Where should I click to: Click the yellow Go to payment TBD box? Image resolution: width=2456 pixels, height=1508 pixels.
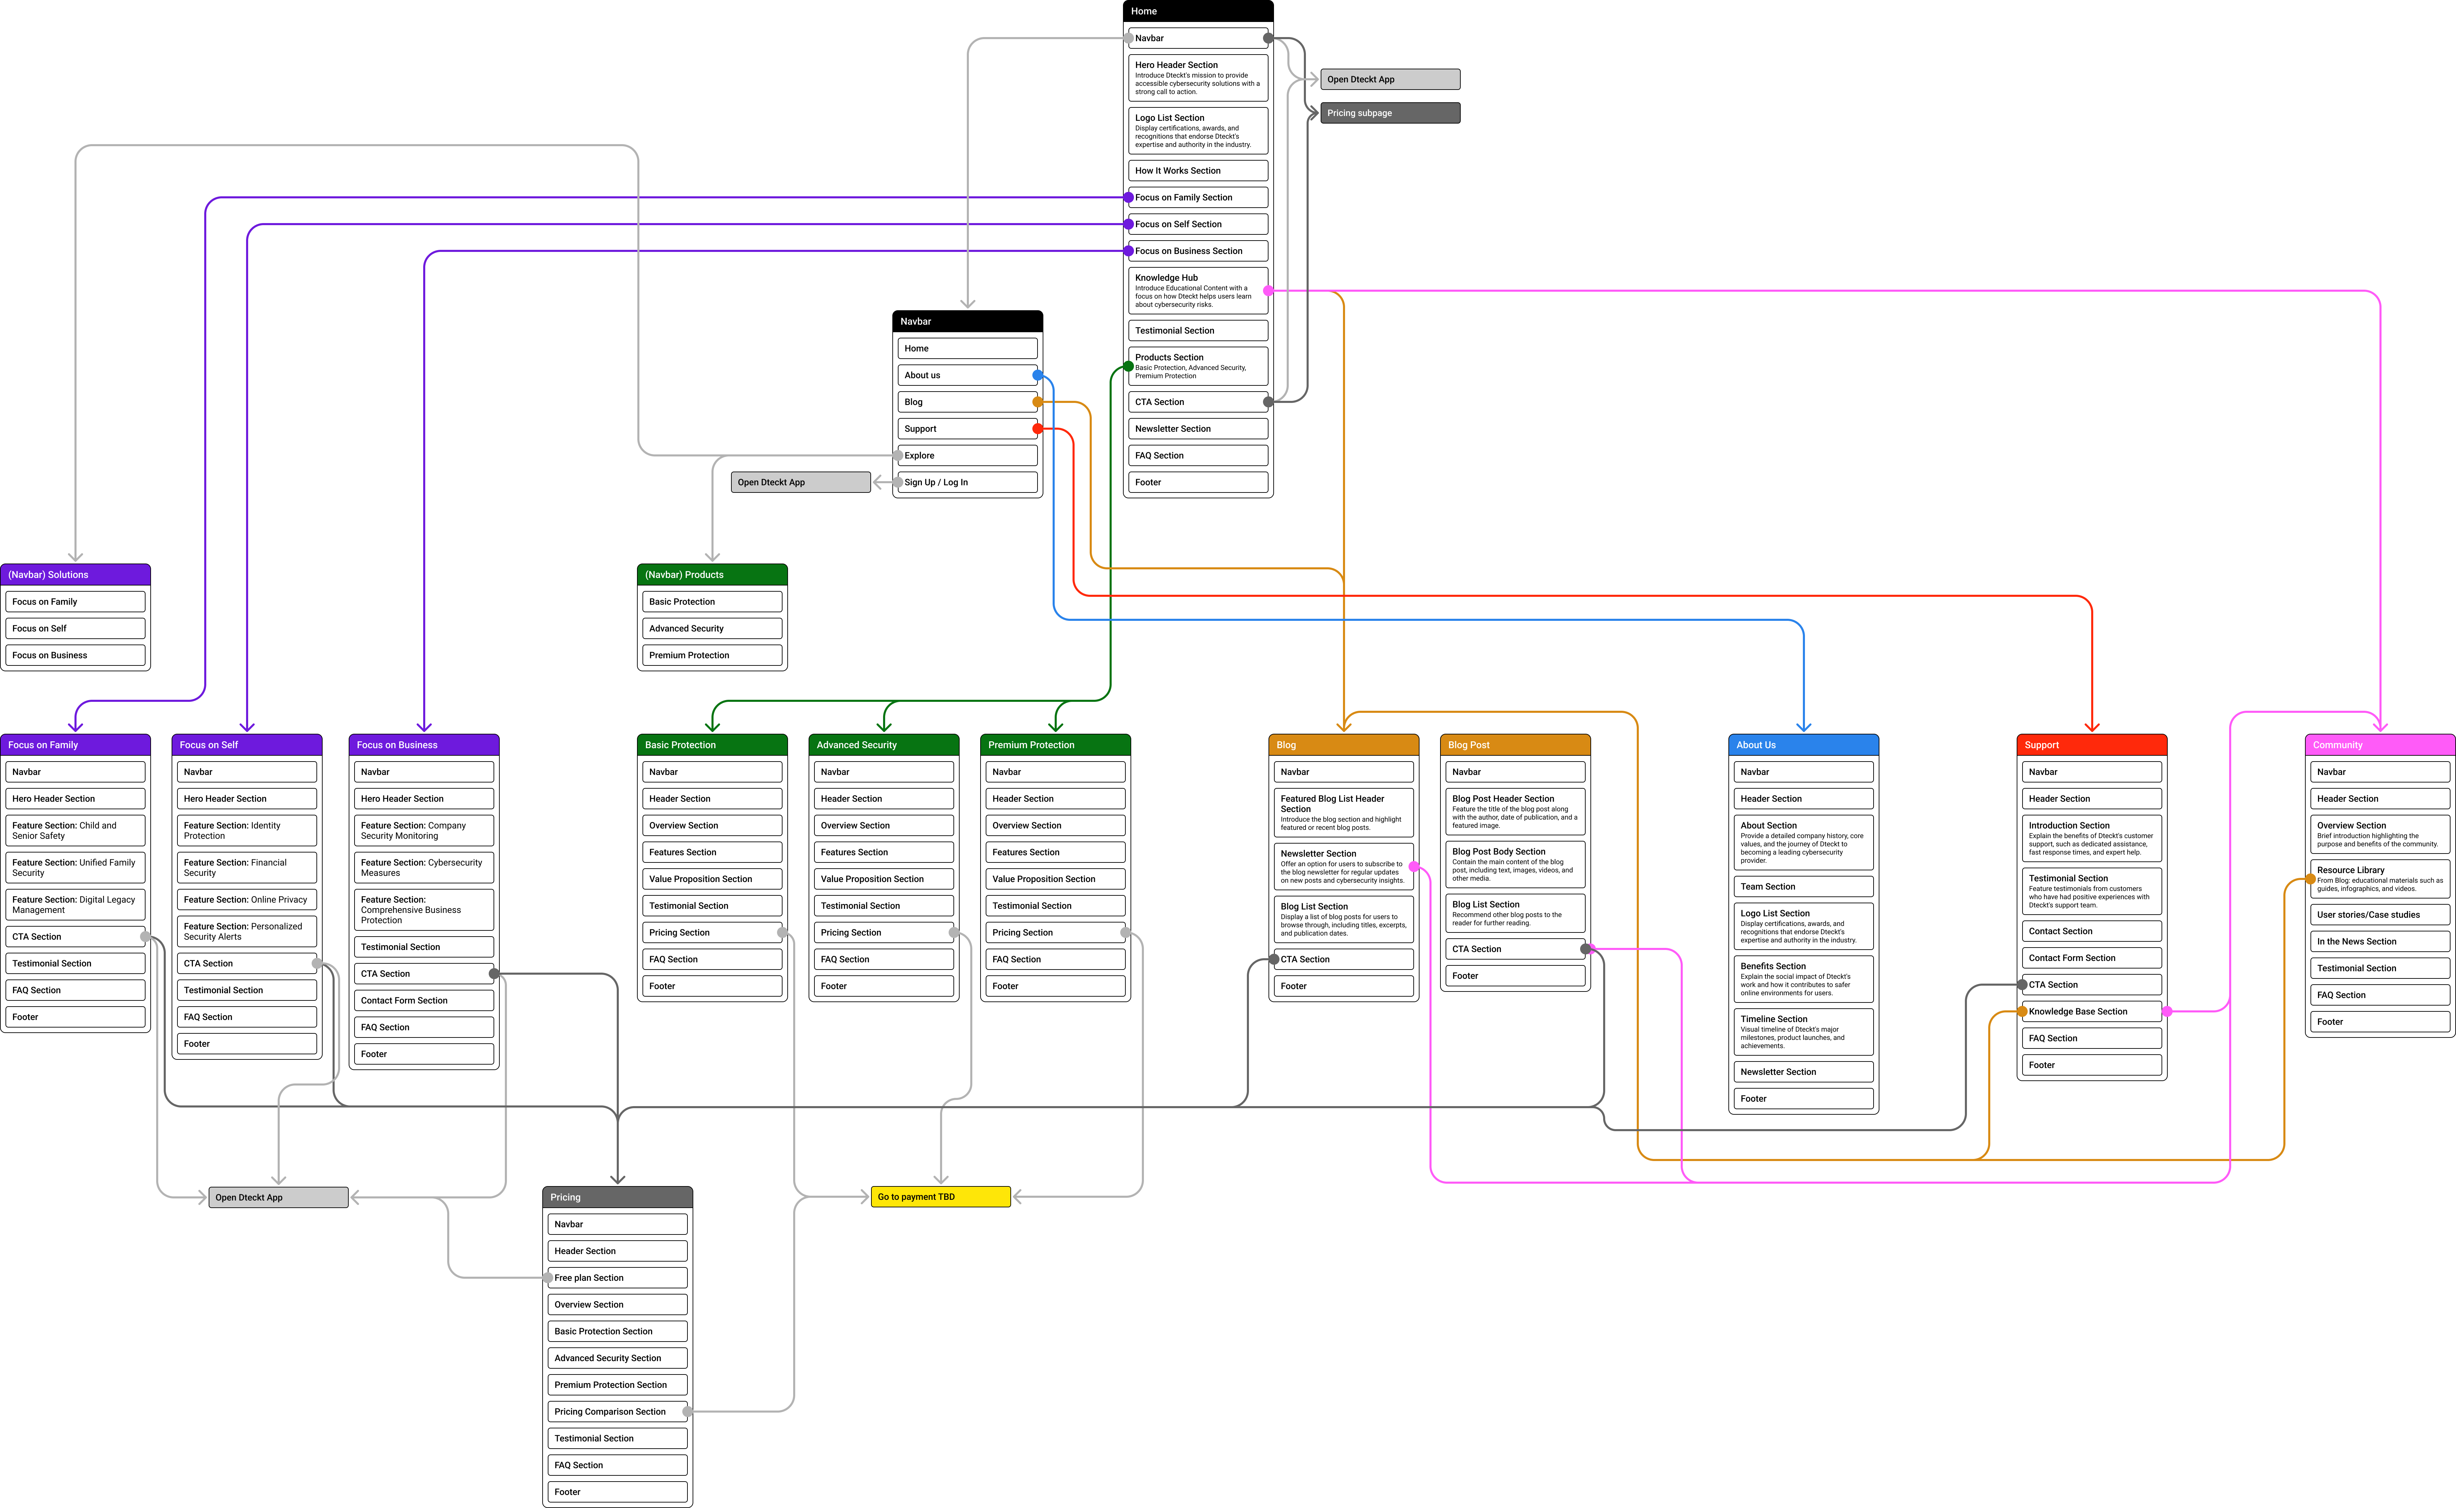tap(940, 1197)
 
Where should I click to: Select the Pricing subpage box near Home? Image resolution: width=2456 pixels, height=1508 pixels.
tap(1389, 113)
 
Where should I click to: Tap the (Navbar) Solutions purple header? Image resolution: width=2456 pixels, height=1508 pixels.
tap(75, 575)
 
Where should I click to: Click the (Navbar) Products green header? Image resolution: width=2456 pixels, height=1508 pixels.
tap(712, 575)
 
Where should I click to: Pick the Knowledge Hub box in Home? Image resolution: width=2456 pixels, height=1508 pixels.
tap(1196, 290)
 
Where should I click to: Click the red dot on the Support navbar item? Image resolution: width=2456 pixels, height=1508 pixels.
tap(1037, 429)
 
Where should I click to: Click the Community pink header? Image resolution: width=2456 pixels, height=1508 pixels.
tap(2379, 745)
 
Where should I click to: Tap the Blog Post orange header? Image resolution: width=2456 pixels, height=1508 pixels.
tap(1515, 745)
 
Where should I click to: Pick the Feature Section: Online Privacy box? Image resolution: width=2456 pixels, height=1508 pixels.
tap(246, 900)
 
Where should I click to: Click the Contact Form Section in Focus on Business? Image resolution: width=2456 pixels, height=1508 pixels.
tap(424, 1000)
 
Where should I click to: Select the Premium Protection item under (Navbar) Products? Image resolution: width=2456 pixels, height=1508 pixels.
tap(712, 655)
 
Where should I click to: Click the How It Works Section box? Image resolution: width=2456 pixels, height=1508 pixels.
tap(1196, 171)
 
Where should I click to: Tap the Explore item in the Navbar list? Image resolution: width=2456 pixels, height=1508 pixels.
tap(967, 456)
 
